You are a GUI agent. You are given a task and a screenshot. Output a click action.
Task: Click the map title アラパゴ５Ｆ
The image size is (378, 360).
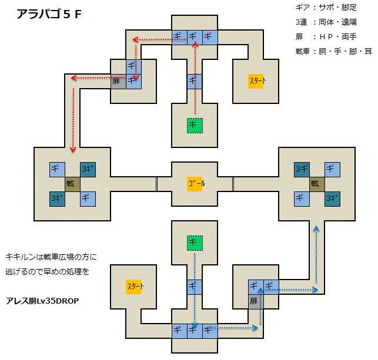click(49, 14)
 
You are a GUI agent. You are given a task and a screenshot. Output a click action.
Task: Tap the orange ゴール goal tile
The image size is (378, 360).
click(195, 184)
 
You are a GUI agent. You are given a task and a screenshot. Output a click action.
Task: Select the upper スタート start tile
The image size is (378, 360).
click(256, 81)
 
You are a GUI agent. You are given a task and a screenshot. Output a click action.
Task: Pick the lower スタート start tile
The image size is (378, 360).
click(133, 287)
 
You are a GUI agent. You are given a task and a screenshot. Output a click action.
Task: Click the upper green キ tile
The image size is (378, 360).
click(195, 126)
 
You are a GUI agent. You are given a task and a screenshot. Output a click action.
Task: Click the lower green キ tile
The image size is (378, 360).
click(195, 243)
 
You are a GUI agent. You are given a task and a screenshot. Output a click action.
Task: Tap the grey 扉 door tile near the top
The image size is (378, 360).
click(118, 82)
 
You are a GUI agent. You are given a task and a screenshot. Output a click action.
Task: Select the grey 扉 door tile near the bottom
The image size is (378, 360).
click(256, 301)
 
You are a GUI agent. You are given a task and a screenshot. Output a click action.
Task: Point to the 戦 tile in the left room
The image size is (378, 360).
click(72, 184)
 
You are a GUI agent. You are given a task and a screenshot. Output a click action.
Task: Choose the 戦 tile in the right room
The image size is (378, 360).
click(317, 184)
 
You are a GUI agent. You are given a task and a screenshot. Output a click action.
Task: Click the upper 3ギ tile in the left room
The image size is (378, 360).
click(88, 170)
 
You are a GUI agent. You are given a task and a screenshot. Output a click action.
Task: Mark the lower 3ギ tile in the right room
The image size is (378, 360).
click(332, 199)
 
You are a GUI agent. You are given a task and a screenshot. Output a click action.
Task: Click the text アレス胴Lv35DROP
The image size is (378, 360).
click(42, 301)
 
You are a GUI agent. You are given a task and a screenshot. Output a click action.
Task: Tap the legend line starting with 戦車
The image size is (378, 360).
click(334, 51)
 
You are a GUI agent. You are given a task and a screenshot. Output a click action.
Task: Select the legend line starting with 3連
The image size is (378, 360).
click(326, 22)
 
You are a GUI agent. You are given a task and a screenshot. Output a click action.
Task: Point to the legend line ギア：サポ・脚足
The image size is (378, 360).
click(326, 8)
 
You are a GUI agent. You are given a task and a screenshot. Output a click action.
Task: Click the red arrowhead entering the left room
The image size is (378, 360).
click(73, 150)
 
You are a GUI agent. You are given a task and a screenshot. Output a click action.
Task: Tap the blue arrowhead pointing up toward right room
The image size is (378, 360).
click(316, 229)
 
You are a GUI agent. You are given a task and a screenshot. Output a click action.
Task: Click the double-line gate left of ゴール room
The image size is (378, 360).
click(157, 184)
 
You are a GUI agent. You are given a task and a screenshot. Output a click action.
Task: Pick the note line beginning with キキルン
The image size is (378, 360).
click(51, 257)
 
